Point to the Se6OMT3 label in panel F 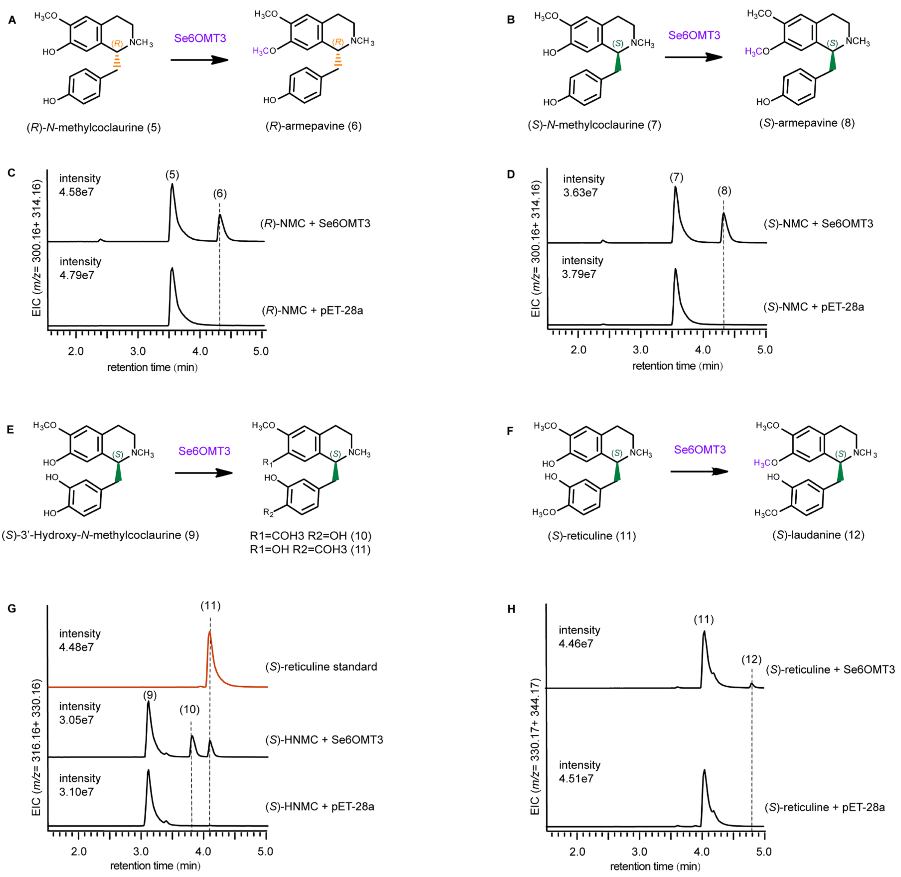click(700, 449)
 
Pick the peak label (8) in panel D click(724, 191)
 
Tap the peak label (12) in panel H click(751, 659)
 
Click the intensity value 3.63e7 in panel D click(580, 193)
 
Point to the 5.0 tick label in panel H click(764, 852)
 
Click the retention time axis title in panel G click(155, 866)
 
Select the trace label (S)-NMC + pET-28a click(814, 307)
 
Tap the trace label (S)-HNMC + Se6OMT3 click(324, 740)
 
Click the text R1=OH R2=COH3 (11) click(310, 550)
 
